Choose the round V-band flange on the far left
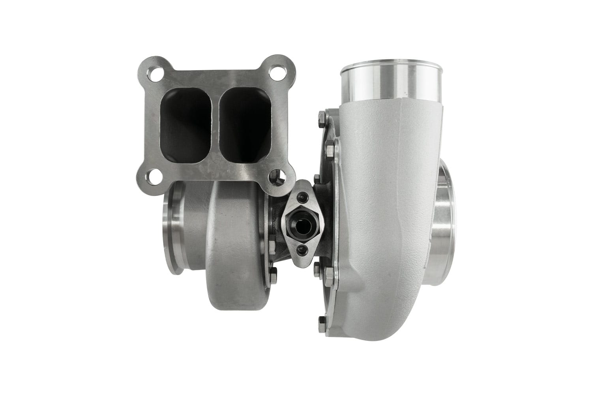(x=174, y=233)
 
